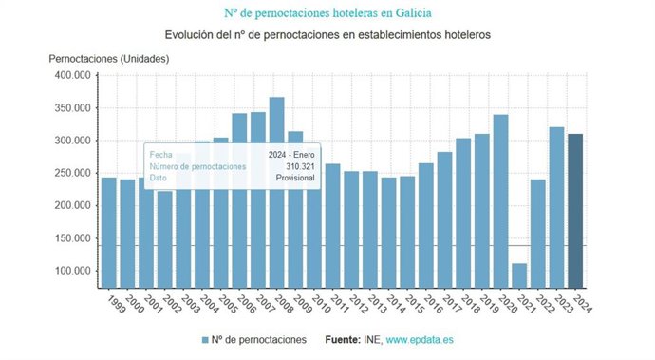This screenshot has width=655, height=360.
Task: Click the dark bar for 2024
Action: [575, 210]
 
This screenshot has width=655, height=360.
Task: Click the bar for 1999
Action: [109, 232]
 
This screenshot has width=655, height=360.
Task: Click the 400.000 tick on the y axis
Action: [70, 75]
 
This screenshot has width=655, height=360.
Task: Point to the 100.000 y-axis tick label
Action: [70, 271]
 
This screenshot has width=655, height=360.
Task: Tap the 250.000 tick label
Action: [70, 173]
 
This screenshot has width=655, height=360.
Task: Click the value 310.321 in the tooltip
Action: [299, 166]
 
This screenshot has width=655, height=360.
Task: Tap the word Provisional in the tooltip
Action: [293, 178]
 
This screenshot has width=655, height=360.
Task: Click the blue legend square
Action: [205, 339]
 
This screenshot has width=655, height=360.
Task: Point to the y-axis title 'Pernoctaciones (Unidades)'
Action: [109, 58]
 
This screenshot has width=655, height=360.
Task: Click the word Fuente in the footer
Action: [344, 339]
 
